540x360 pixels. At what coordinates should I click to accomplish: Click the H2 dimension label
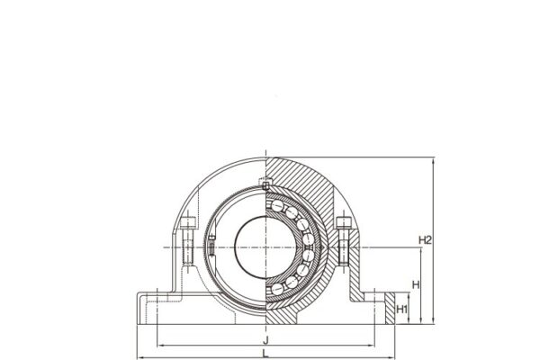click(427, 239)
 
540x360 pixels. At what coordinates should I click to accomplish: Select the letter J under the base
click(265, 341)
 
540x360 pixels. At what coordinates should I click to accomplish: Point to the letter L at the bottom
click(265, 355)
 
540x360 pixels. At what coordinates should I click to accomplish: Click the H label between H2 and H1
click(415, 284)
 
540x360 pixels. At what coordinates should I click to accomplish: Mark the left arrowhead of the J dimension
click(161, 344)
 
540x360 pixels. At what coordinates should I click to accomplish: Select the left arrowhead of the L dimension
click(138, 355)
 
